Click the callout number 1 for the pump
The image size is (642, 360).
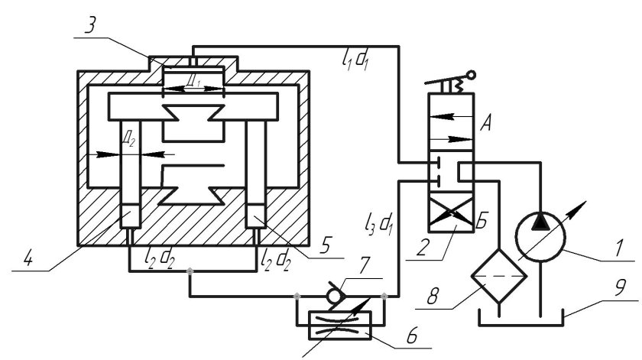[x=618, y=247]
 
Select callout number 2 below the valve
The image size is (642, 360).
[x=422, y=248]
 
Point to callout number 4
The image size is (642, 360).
[x=28, y=259]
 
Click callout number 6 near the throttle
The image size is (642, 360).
[x=411, y=336]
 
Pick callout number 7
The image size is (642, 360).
[x=364, y=265]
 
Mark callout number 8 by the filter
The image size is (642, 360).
[x=433, y=295]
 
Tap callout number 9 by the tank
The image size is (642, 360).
[x=621, y=288]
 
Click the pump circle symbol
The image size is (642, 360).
[x=541, y=237]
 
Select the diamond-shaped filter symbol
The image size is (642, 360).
[x=498, y=276]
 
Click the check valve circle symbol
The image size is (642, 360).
[x=334, y=295]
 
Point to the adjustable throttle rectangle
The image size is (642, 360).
[x=339, y=325]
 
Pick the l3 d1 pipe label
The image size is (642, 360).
[x=379, y=225]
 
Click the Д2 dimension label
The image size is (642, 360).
[x=129, y=139]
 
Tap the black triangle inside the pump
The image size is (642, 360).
[x=541, y=221]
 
